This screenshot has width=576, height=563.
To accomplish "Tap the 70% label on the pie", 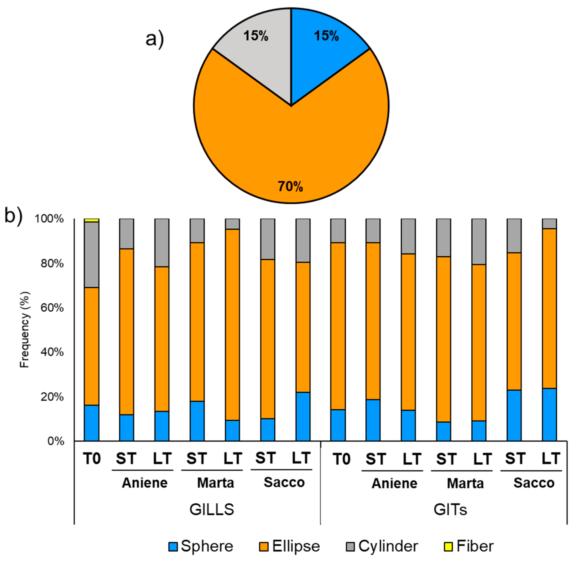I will [x=290, y=186].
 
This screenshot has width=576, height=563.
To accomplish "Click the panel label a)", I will [x=154, y=39].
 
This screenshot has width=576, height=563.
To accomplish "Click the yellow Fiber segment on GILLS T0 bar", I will [x=91, y=220].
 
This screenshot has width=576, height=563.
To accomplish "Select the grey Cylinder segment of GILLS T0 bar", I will [x=91, y=254].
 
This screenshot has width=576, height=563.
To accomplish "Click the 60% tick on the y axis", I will [x=52, y=308].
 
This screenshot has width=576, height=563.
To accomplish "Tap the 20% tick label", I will [x=52, y=397].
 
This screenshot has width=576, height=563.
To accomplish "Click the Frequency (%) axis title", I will [x=25, y=330].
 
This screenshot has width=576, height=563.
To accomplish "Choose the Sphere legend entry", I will [x=201, y=546].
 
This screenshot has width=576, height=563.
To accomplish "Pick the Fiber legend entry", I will [x=469, y=546].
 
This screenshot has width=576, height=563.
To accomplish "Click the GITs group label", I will [x=450, y=510].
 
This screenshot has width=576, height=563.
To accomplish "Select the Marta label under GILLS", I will [x=215, y=483].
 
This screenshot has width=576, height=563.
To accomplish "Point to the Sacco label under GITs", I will [x=534, y=483].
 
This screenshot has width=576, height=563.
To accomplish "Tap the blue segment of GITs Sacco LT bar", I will [x=549, y=415].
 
